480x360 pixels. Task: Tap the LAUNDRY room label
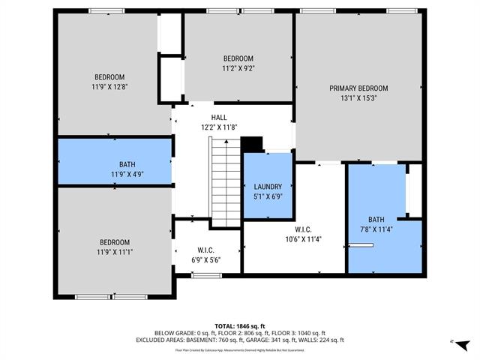pyautogui.click(x=268, y=187)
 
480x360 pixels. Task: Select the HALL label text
pyautogui.click(x=219, y=117)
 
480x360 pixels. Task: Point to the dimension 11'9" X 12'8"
pyautogui.click(x=109, y=87)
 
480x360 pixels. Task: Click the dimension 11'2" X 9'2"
pyautogui.click(x=238, y=68)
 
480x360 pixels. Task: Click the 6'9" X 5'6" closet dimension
pyautogui.click(x=206, y=259)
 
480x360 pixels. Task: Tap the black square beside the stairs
pyautogui.click(x=252, y=143)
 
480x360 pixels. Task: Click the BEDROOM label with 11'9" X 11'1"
pyautogui.click(x=115, y=242)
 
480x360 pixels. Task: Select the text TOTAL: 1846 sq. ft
pyautogui.click(x=240, y=326)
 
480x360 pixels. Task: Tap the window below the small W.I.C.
pyautogui.click(x=205, y=276)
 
